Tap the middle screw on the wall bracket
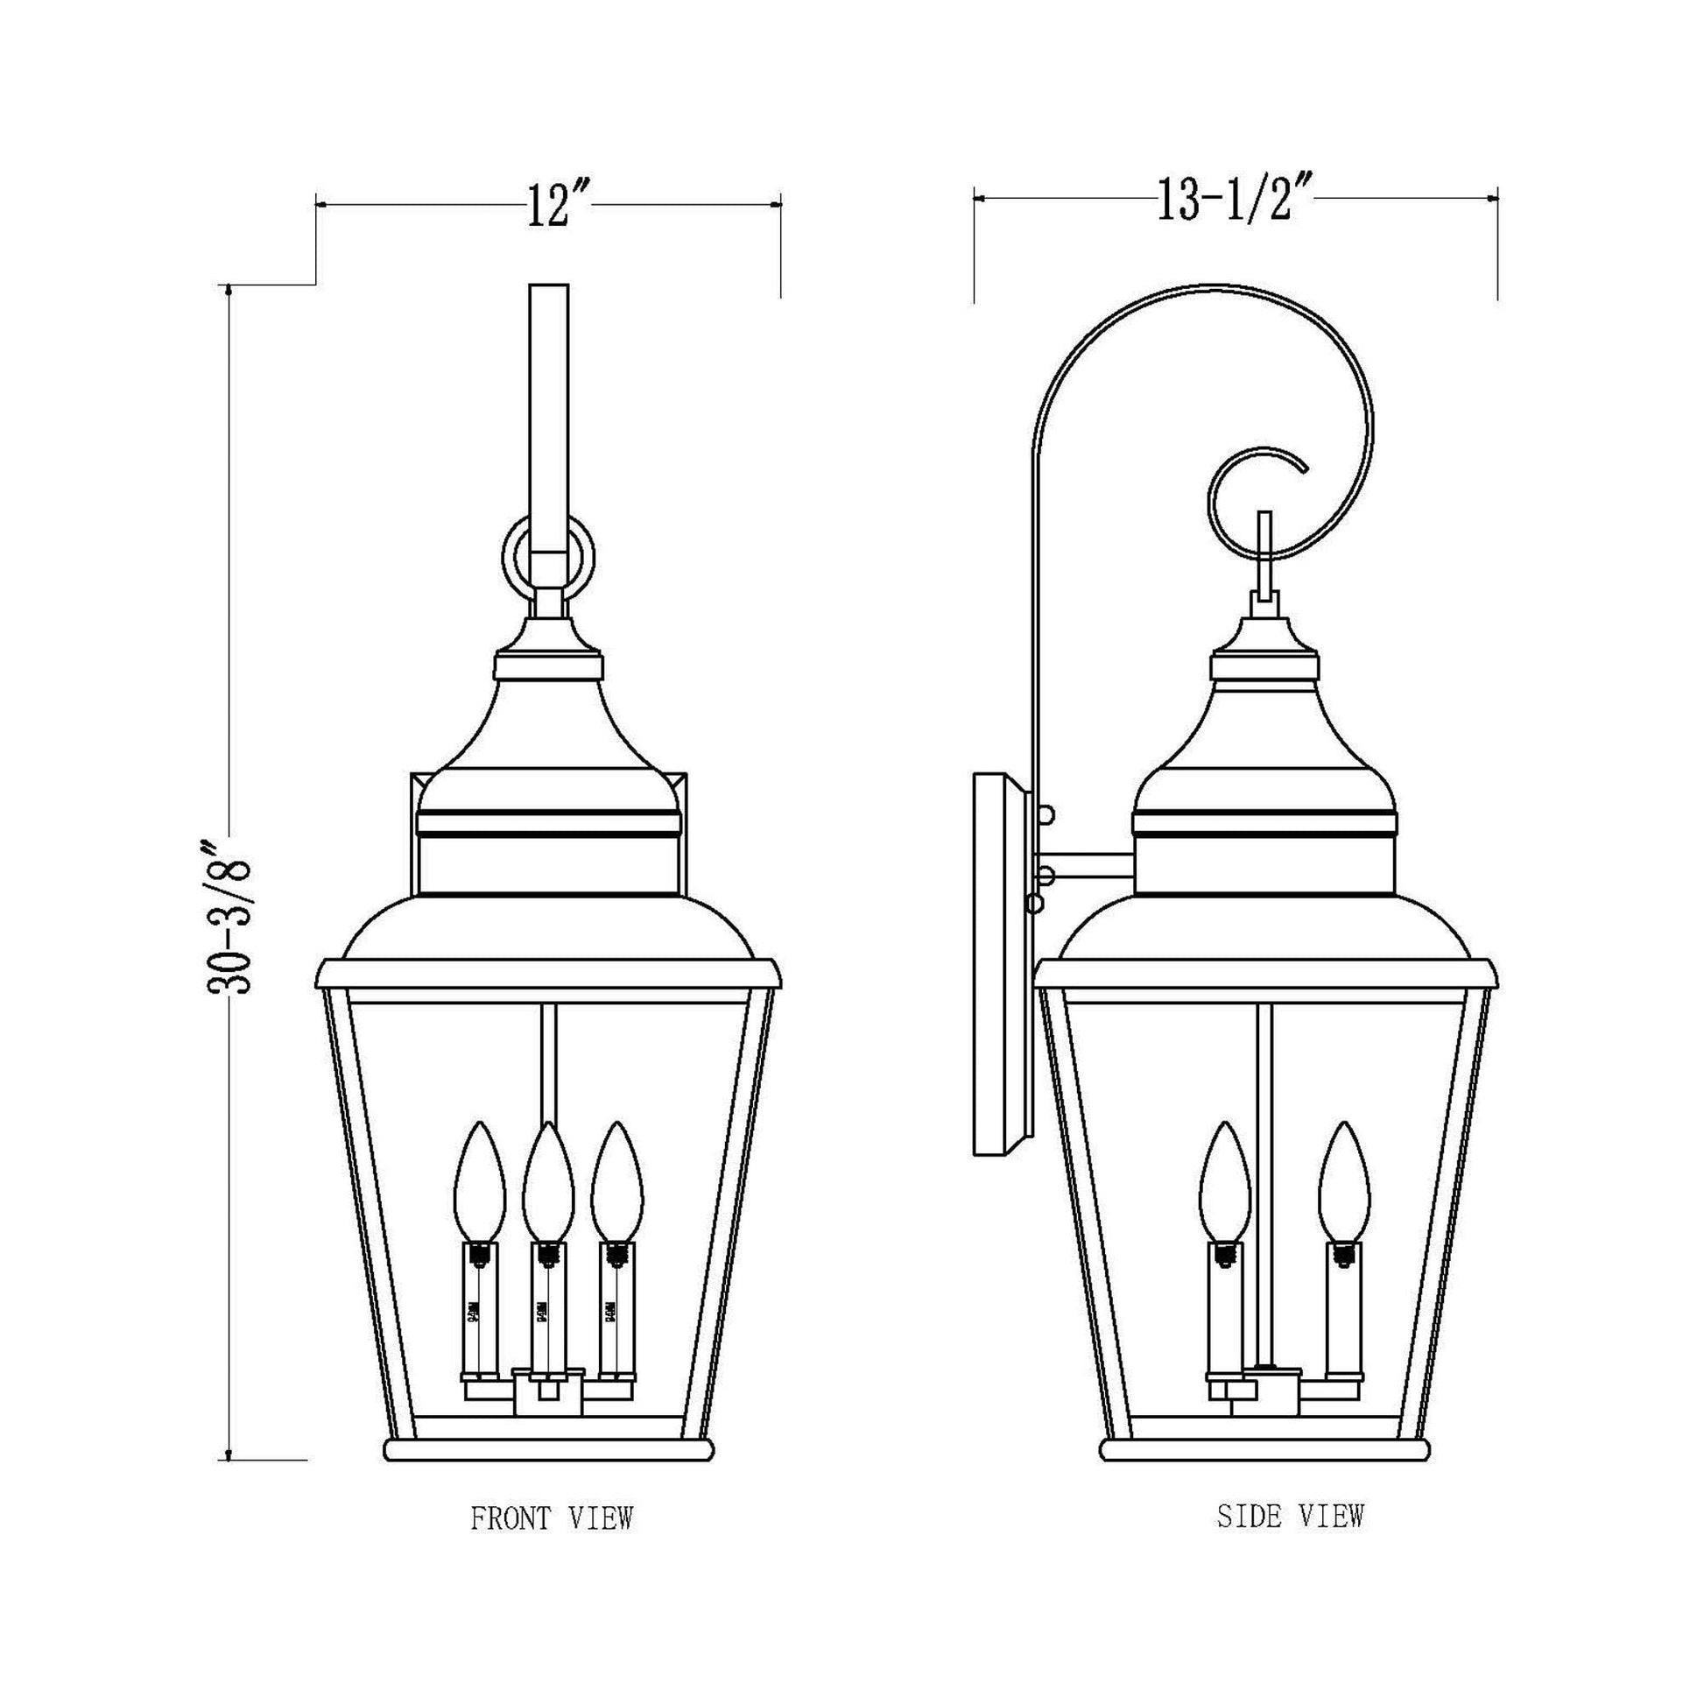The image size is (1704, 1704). (1047, 875)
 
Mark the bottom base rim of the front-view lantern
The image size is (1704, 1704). (548, 1450)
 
